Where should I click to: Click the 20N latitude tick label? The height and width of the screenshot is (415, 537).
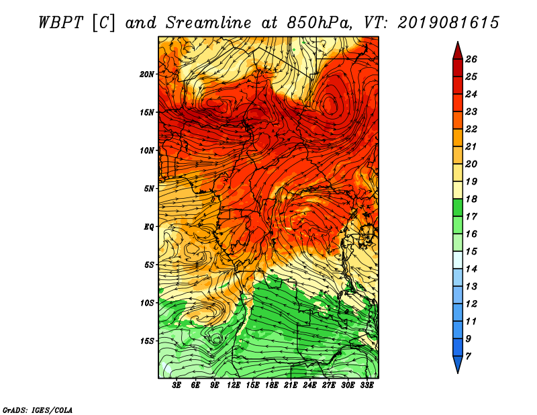tap(146, 75)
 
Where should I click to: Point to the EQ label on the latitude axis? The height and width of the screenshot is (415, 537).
tap(149, 227)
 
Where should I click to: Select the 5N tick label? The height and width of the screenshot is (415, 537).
tap(149, 189)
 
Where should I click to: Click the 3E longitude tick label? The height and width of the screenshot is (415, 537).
tap(177, 385)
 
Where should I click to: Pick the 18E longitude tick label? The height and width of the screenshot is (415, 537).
tap(271, 385)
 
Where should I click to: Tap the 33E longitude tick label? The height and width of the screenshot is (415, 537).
tap(367, 385)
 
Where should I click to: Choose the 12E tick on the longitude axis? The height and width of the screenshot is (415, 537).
tap(233, 385)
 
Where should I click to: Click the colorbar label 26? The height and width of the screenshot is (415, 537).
tap(471, 59)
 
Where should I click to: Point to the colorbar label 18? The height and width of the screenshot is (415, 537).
tap(471, 199)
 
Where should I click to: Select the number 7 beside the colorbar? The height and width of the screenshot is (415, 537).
tap(468, 357)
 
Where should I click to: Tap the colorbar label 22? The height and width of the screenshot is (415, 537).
tap(471, 129)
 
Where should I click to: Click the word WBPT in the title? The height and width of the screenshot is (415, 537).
tap(60, 23)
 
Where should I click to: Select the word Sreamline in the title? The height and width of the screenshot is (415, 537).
tap(209, 23)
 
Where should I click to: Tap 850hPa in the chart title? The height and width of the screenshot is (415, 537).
tap(319, 24)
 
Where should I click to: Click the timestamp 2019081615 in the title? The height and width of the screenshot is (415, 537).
tap(448, 23)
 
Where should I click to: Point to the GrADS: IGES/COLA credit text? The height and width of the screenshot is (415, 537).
tap(38, 410)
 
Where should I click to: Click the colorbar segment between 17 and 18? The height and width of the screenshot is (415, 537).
tap(458, 207)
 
